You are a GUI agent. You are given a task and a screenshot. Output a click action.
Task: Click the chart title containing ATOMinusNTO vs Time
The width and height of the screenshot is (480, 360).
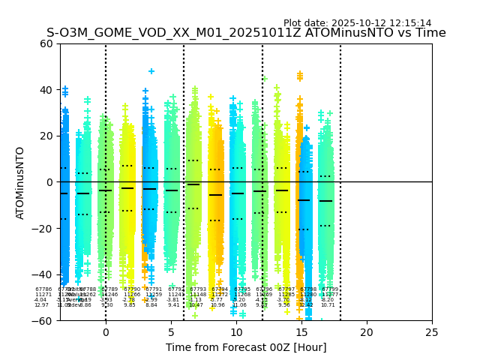(246, 33)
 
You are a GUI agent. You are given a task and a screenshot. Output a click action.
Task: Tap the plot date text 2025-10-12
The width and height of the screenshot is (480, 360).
(357, 23)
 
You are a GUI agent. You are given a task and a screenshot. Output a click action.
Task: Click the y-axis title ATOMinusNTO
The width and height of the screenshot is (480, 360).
(20, 182)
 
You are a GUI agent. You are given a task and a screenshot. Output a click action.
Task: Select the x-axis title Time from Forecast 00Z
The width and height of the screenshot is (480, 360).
(246, 347)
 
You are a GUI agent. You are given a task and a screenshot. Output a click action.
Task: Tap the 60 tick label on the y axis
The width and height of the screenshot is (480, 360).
(45, 43)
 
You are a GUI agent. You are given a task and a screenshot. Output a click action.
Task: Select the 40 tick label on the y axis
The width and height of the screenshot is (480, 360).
(45, 90)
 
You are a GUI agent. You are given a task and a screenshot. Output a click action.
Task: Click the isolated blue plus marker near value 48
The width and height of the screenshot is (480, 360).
(151, 72)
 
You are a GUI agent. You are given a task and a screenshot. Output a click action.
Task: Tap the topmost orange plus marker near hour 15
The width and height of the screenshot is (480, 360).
(300, 74)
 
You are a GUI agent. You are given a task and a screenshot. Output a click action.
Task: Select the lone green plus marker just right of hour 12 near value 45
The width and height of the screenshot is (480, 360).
(265, 78)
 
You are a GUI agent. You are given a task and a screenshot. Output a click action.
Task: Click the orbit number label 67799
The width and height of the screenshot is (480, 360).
(330, 289)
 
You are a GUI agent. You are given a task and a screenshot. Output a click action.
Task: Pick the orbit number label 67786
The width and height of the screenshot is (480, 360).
(43, 289)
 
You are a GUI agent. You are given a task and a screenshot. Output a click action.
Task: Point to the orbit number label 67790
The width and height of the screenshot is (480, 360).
(132, 289)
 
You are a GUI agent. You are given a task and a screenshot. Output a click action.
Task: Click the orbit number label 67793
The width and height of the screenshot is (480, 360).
(198, 289)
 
